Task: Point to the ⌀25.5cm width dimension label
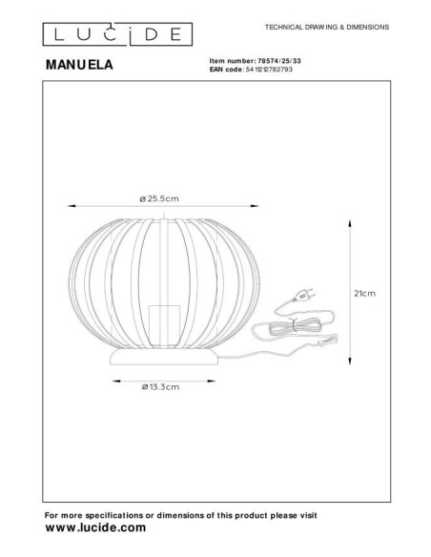point(159,197)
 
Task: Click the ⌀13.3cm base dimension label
point(159,386)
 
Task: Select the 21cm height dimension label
point(363,295)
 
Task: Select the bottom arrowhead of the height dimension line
point(346,362)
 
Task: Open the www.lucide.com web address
point(96,526)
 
